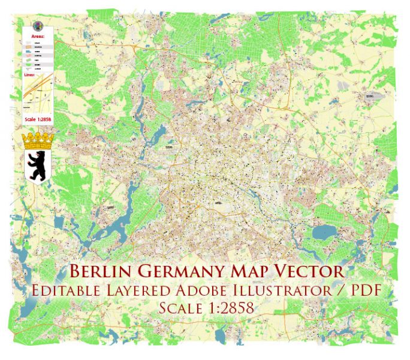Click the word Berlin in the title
103,272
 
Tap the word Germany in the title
188,272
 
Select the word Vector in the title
312,272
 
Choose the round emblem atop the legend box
38,26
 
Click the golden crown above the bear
38,142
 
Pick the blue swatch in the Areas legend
29,55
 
